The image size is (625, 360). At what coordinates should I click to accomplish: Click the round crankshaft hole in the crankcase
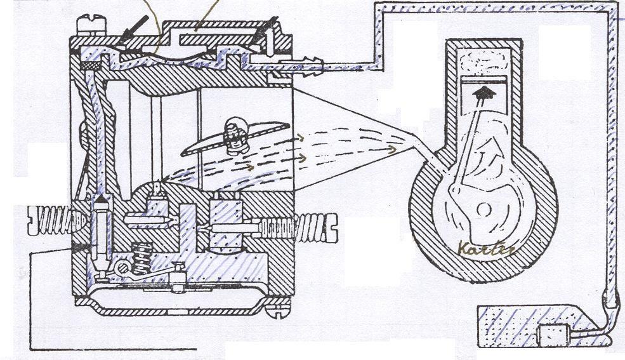tap(485, 209)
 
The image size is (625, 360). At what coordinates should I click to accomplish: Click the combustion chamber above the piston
tap(484, 62)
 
